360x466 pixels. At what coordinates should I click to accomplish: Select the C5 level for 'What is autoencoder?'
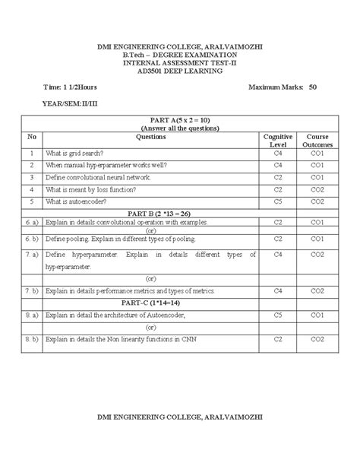tap(278, 201)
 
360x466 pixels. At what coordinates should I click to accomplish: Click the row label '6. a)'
tap(32, 222)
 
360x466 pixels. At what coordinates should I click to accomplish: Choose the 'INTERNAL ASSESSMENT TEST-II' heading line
tap(179, 64)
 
